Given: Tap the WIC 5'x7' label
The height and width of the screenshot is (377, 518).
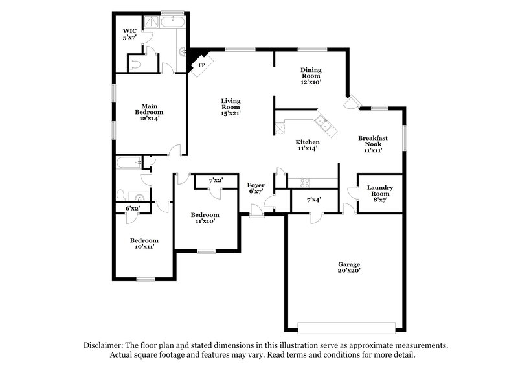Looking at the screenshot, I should [x=129, y=34].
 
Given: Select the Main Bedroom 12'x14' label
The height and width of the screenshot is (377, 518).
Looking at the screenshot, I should [x=147, y=113].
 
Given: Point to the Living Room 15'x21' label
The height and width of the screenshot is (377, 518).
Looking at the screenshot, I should [x=231, y=105].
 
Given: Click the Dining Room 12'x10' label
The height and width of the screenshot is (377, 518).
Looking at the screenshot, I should [x=311, y=76].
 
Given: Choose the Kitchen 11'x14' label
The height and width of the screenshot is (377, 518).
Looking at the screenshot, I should [x=308, y=146].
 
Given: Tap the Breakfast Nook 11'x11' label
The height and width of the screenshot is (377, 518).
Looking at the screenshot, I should [x=373, y=144].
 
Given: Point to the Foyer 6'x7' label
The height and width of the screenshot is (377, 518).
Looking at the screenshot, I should [x=256, y=188].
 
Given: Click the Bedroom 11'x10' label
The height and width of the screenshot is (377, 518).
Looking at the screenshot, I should [x=204, y=218].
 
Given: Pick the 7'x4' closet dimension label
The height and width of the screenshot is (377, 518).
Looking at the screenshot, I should [x=315, y=200].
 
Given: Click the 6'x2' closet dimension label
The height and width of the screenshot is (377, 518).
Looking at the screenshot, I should [x=132, y=208].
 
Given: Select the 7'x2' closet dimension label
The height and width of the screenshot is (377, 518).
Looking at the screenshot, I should [x=216, y=180].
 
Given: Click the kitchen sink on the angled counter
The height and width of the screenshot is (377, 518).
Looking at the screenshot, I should [x=323, y=123].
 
